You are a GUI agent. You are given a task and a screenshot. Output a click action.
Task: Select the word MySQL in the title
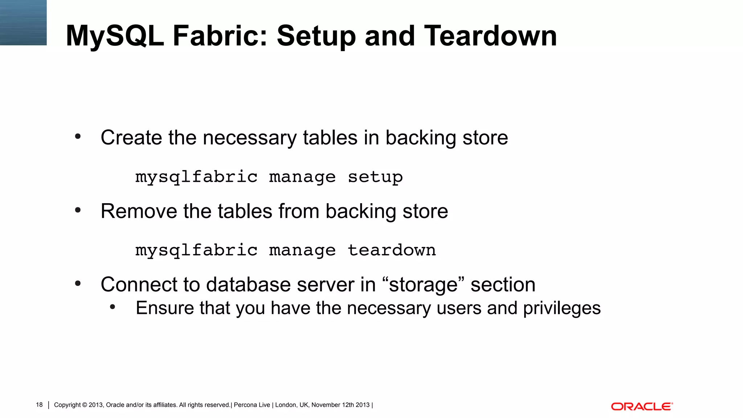pos(115,36)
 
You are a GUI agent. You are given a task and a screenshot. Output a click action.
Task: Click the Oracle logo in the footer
pos(642,406)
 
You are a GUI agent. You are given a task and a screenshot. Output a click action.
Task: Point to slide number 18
pos(39,405)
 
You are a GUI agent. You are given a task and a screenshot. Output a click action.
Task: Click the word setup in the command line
pos(375,177)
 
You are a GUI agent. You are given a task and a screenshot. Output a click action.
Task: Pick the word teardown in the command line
pos(391,250)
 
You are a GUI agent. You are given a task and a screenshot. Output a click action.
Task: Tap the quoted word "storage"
pos(423,284)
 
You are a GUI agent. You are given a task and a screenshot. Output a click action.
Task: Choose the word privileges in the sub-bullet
pos(562,308)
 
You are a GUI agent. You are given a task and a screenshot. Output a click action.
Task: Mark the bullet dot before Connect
pos(78,283)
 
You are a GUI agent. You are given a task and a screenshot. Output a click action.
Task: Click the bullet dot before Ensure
pos(112,307)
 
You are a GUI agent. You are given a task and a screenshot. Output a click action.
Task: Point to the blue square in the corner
pos(23,22)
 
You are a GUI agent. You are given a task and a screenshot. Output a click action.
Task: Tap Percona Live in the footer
pos(252,405)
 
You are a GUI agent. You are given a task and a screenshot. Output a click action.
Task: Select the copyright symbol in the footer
pos(85,405)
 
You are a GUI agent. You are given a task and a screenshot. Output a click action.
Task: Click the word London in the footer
pos(286,405)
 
